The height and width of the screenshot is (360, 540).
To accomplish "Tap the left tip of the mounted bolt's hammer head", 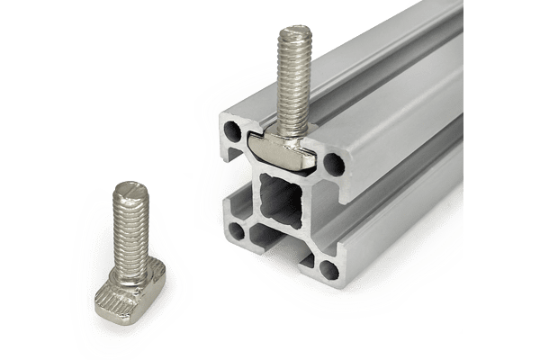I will point(252,143).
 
